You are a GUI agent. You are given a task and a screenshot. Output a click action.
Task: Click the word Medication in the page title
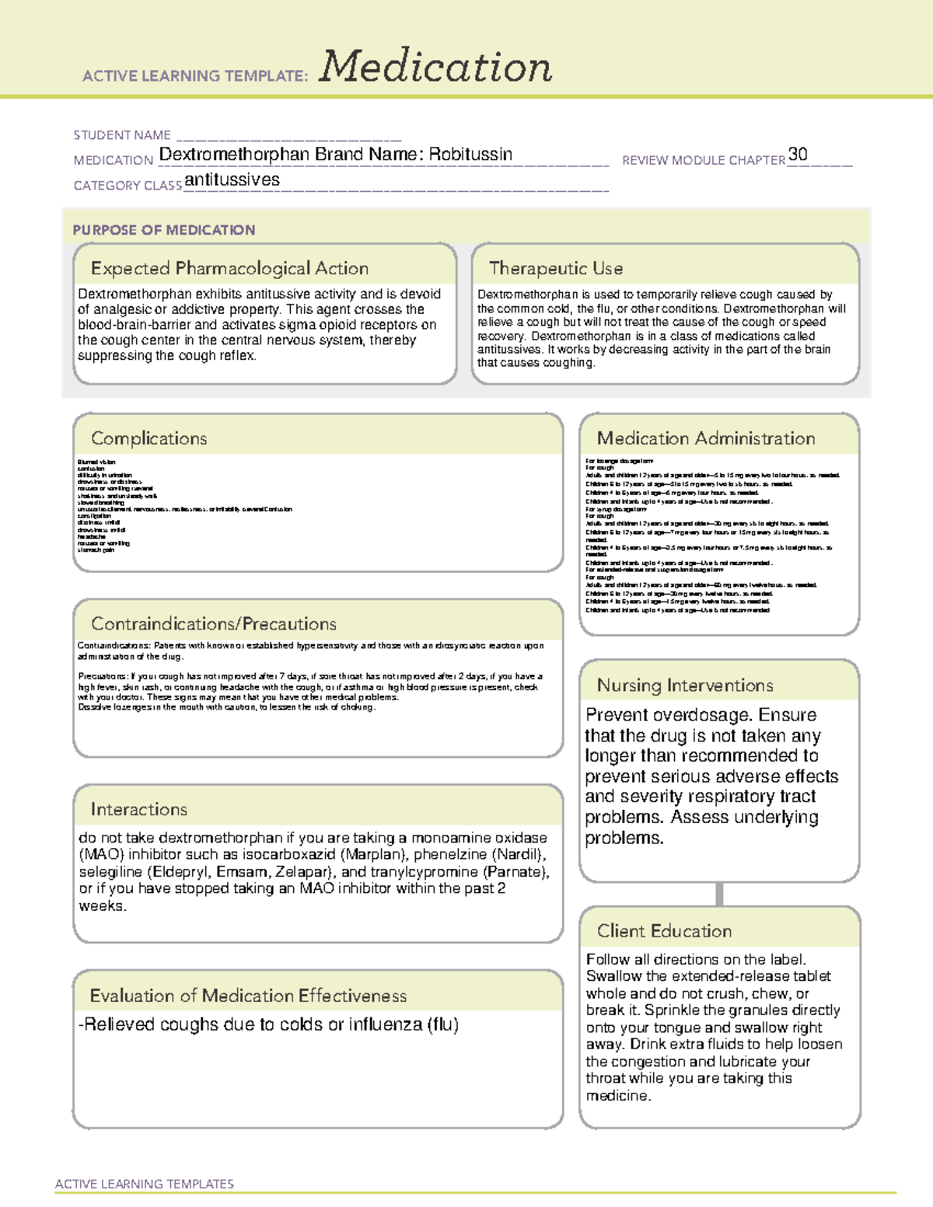click(435, 67)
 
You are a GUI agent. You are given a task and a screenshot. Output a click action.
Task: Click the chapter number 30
click(798, 154)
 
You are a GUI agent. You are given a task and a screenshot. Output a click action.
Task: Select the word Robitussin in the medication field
click(470, 154)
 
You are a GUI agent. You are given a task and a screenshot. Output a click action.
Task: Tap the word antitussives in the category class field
click(232, 180)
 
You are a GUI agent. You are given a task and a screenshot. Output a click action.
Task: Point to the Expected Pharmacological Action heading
click(229, 268)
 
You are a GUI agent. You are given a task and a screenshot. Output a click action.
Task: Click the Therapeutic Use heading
click(556, 268)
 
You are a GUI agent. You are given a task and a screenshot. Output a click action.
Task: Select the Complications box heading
click(149, 438)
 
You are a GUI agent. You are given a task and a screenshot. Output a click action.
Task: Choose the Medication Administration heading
click(706, 438)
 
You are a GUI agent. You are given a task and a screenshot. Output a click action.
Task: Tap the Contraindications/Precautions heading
click(214, 623)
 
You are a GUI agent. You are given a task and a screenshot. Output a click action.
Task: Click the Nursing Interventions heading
click(685, 685)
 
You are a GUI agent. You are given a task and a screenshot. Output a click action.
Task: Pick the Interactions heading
click(138, 809)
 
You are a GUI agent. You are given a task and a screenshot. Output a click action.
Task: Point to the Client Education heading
click(664, 931)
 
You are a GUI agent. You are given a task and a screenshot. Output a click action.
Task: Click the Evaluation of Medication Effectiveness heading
click(248, 996)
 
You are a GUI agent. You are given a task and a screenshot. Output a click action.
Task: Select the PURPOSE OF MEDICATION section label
click(163, 230)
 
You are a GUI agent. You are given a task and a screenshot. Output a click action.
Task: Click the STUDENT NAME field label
click(122, 135)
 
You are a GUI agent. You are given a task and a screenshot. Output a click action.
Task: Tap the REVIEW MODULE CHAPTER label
click(704, 160)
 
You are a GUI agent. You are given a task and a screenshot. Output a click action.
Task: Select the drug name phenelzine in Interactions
click(446, 855)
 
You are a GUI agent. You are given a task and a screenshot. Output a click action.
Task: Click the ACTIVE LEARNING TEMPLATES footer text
click(144, 1184)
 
